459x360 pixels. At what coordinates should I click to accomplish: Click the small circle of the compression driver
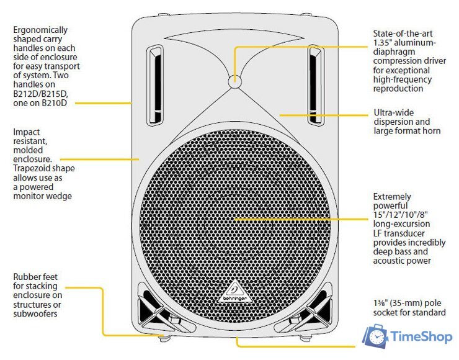pos(234,81)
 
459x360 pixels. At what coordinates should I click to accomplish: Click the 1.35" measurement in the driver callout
pos(383,42)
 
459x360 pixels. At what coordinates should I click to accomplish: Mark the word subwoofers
pos(36,314)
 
